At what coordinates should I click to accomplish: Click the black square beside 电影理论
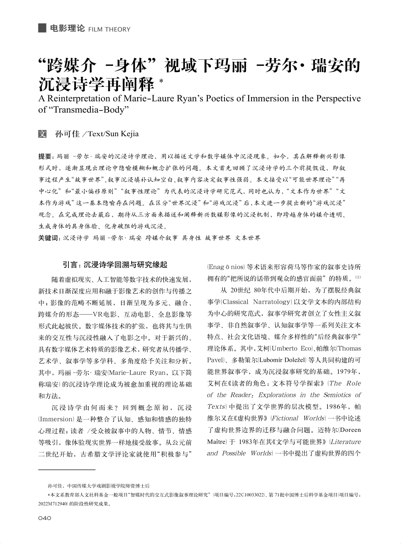pyautogui.click(x=42, y=28)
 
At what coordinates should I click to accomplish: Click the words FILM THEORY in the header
pyautogui.click(x=110, y=30)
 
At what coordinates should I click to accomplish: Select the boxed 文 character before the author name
pyautogui.click(x=42, y=134)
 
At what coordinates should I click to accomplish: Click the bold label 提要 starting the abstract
pyautogui.click(x=45, y=156)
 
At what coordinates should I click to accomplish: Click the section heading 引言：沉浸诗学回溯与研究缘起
pyautogui.click(x=115, y=265)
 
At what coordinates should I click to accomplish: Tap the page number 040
pyautogui.click(x=44, y=518)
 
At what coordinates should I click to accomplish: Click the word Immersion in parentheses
pyautogui.click(x=56, y=419)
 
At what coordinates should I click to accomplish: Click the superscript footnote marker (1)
pyautogui.click(x=358, y=277)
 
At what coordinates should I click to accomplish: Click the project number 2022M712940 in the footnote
pyautogui.click(x=53, y=504)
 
